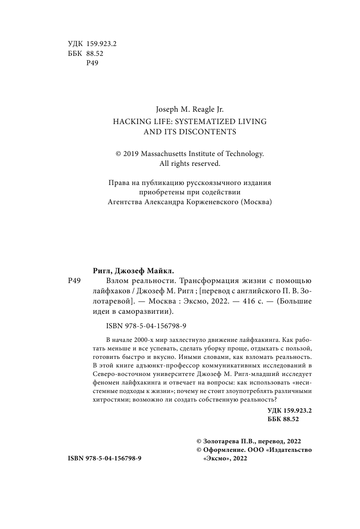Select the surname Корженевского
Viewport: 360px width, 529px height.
(211, 202)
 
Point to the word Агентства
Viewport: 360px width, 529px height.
(124, 202)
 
